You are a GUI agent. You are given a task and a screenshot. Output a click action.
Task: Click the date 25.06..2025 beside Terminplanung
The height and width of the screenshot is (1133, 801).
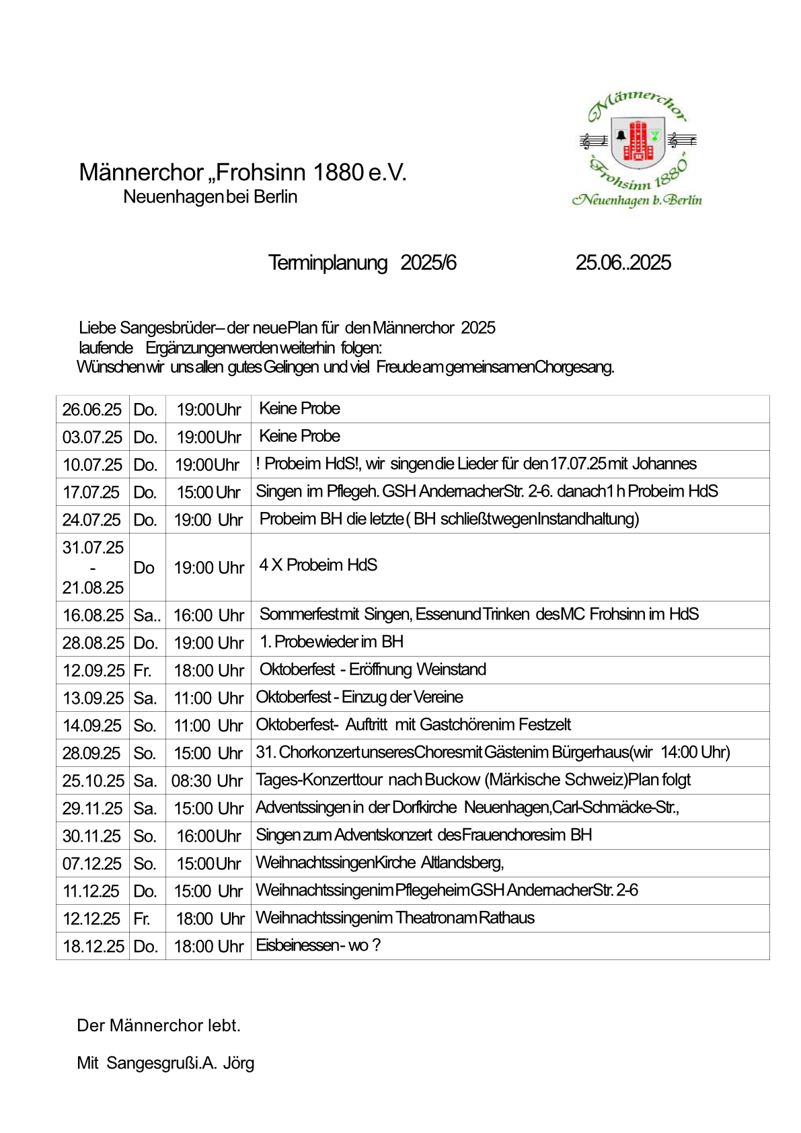pyautogui.click(x=623, y=262)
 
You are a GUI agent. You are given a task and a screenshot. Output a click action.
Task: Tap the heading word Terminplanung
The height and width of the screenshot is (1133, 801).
pyautogui.click(x=328, y=262)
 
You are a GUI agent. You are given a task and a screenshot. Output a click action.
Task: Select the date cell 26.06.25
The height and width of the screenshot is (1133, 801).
pyautogui.click(x=92, y=410)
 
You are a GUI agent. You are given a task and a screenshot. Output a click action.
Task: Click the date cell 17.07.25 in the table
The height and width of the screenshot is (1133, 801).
pyautogui.click(x=91, y=492)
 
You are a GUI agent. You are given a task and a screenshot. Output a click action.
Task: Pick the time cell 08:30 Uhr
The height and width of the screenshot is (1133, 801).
pyautogui.click(x=207, y=781)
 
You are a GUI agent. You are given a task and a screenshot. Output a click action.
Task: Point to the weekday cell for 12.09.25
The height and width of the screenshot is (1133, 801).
pyautogui.click(x=142, y=671)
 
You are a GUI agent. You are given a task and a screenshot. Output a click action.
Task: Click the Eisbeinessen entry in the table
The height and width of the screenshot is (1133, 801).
pyautogui.click(x=318, y=945)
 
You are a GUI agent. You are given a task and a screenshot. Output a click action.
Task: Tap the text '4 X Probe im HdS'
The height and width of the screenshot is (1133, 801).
pyautogui.click(x=318, y=565)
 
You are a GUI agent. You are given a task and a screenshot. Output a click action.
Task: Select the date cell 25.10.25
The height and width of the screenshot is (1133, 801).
pyautogui.click(x=93, y=781)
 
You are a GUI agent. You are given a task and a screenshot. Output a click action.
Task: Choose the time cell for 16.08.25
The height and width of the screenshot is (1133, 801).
pyautogui.click(x=208, y=616)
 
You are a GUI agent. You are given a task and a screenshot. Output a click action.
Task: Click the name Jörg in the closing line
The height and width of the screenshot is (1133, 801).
pyautogui.click(x=239, y=1063)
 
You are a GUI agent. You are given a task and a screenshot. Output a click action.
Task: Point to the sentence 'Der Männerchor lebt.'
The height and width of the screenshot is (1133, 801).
pyautogui.click(x=159, y=1025)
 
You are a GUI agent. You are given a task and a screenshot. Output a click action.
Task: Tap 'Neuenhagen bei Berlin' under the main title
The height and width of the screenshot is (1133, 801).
pyautogui.click(x=210, y=197)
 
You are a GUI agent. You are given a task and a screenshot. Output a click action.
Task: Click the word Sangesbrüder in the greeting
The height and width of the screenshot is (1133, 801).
pyautogui.click(x=167, y=328)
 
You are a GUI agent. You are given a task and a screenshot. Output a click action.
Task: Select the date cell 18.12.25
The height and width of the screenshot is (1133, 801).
pyautogui.click(x=93, y=947)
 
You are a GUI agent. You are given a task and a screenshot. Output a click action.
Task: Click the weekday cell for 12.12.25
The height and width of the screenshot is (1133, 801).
pyautogui.click(x=141, y=919)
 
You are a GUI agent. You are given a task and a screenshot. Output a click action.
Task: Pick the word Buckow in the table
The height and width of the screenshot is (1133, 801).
pyautogui.click(x=452, y=780)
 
